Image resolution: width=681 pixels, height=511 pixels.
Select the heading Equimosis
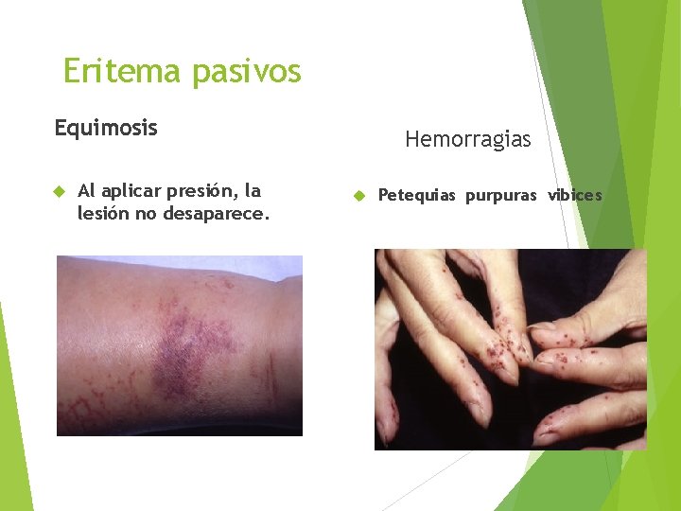click(106, 127)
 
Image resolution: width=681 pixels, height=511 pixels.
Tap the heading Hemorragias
click(468, 140)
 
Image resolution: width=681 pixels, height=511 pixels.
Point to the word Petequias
click(416, 196)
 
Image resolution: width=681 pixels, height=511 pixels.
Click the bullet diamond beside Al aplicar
click(59, 192)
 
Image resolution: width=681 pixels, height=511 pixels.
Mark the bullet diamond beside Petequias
click(359, 196)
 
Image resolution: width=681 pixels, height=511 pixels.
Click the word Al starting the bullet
click(86, 191)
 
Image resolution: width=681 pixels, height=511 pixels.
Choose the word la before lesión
click(252, 191)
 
